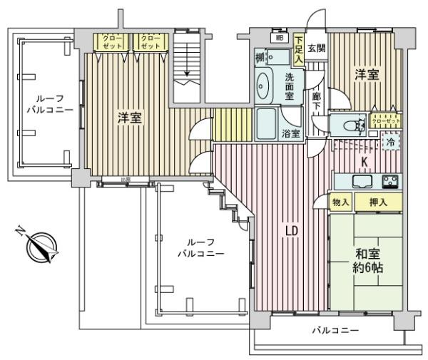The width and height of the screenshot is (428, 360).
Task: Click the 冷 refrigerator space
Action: [x=390, y=141]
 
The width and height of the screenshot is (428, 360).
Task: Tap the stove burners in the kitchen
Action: [x=390, y=180]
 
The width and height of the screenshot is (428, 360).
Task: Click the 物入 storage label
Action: [x=340, y=203]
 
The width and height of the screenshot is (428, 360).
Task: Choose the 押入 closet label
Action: [x=378, y=203]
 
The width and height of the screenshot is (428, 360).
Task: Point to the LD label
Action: [x=291, y=231]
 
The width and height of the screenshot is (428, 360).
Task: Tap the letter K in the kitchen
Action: [x=363, y=163]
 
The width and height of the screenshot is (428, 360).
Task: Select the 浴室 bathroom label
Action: [x=291, y=133]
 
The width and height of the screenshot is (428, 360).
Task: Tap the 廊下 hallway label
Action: [x=315, y=103]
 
